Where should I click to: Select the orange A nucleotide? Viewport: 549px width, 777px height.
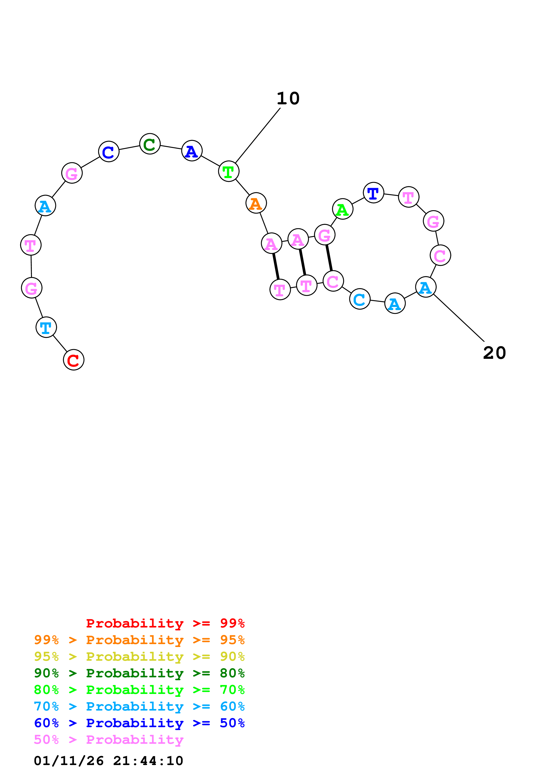[x=256, y=203]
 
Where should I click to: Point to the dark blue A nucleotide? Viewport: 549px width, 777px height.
[x=192, y=151]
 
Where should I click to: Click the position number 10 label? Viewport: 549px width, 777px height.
[x=288, y=99]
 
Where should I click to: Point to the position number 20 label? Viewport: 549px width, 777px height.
[x=494, y=353]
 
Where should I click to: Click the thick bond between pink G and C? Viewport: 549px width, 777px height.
[x=329, y=258]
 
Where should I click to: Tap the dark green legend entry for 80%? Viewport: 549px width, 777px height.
[x=139, y=673]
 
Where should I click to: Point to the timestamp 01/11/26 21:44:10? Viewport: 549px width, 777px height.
[x=109, y=761]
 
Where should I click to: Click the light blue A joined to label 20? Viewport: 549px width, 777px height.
[x=425, y=287]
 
